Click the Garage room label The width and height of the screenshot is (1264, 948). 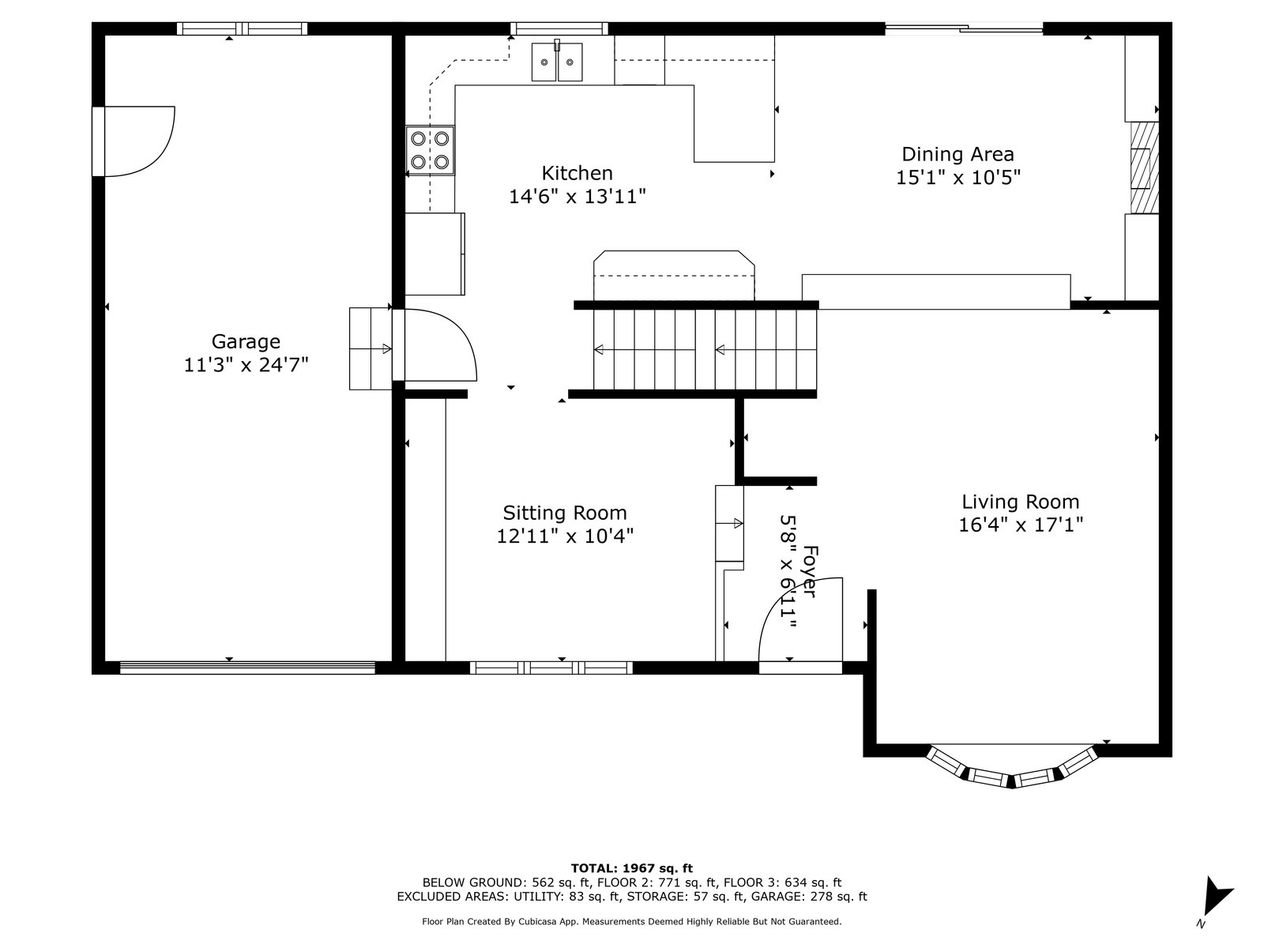(x=246, y=341)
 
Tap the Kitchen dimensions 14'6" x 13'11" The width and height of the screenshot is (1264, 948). (x=577, y=197)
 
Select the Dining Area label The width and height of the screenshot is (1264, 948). (x=957, y=154)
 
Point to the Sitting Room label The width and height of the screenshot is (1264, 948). (x=564, y=512)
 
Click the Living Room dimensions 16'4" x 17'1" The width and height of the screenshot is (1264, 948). (x=1021, y=525)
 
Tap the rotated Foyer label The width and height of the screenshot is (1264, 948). (x=810, y=571)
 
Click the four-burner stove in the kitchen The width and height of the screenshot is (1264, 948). (x=431, y=150)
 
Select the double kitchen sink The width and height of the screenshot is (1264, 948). (x=557, y=62)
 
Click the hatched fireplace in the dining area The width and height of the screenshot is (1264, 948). (x=1144, y=167)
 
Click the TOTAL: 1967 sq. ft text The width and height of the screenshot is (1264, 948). (x=632, y=868)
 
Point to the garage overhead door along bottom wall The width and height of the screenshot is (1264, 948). (x=247, y=668)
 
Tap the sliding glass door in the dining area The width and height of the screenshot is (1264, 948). (x=964, y=28)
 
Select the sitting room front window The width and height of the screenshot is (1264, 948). (x=551, y=668)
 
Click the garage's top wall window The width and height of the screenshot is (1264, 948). (x=242, y=28)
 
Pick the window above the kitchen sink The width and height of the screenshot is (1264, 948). (x=559, y=28)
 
